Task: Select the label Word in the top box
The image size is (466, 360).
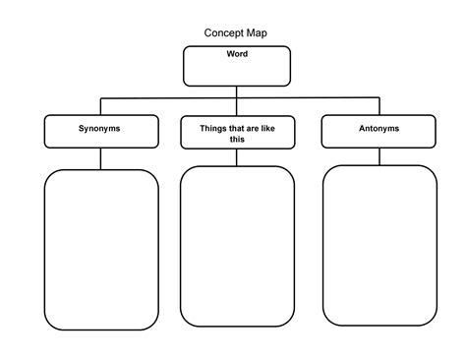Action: pos(237,54)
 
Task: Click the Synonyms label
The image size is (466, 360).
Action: pos(100,128)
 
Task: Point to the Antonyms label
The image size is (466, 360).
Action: pos(379,128)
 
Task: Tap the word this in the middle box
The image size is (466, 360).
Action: pos(237,140)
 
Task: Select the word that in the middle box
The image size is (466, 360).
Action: pos(236,128)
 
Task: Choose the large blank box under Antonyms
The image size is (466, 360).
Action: pos(379,245)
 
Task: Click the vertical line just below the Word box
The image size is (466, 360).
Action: pos(237,90)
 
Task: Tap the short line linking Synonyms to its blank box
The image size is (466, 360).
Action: pos(100,158)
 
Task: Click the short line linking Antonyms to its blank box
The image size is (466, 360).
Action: pos(379,156)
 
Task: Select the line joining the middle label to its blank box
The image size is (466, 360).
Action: pos(237,157)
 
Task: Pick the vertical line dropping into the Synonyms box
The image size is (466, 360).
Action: pos(100,106)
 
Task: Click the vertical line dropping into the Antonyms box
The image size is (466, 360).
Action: pos(379,106)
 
